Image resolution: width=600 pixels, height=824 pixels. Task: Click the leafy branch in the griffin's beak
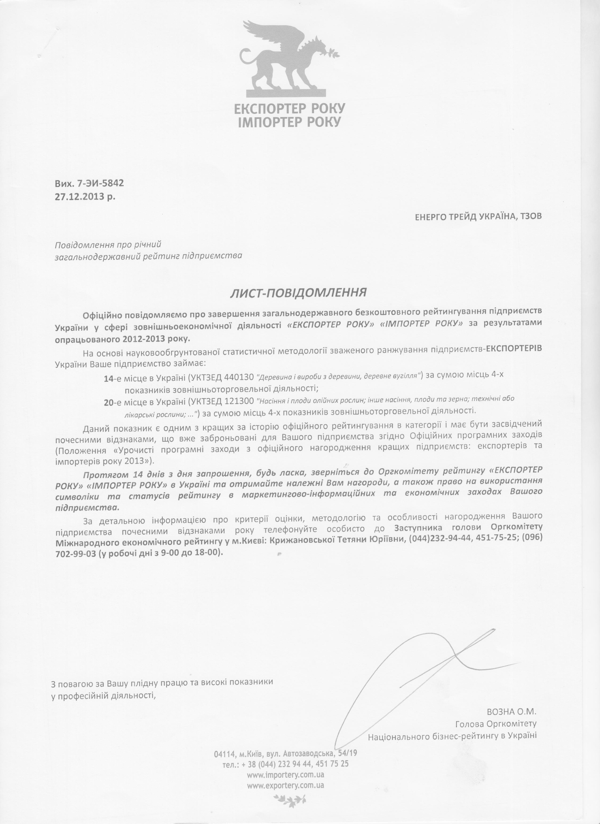[332, 52]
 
